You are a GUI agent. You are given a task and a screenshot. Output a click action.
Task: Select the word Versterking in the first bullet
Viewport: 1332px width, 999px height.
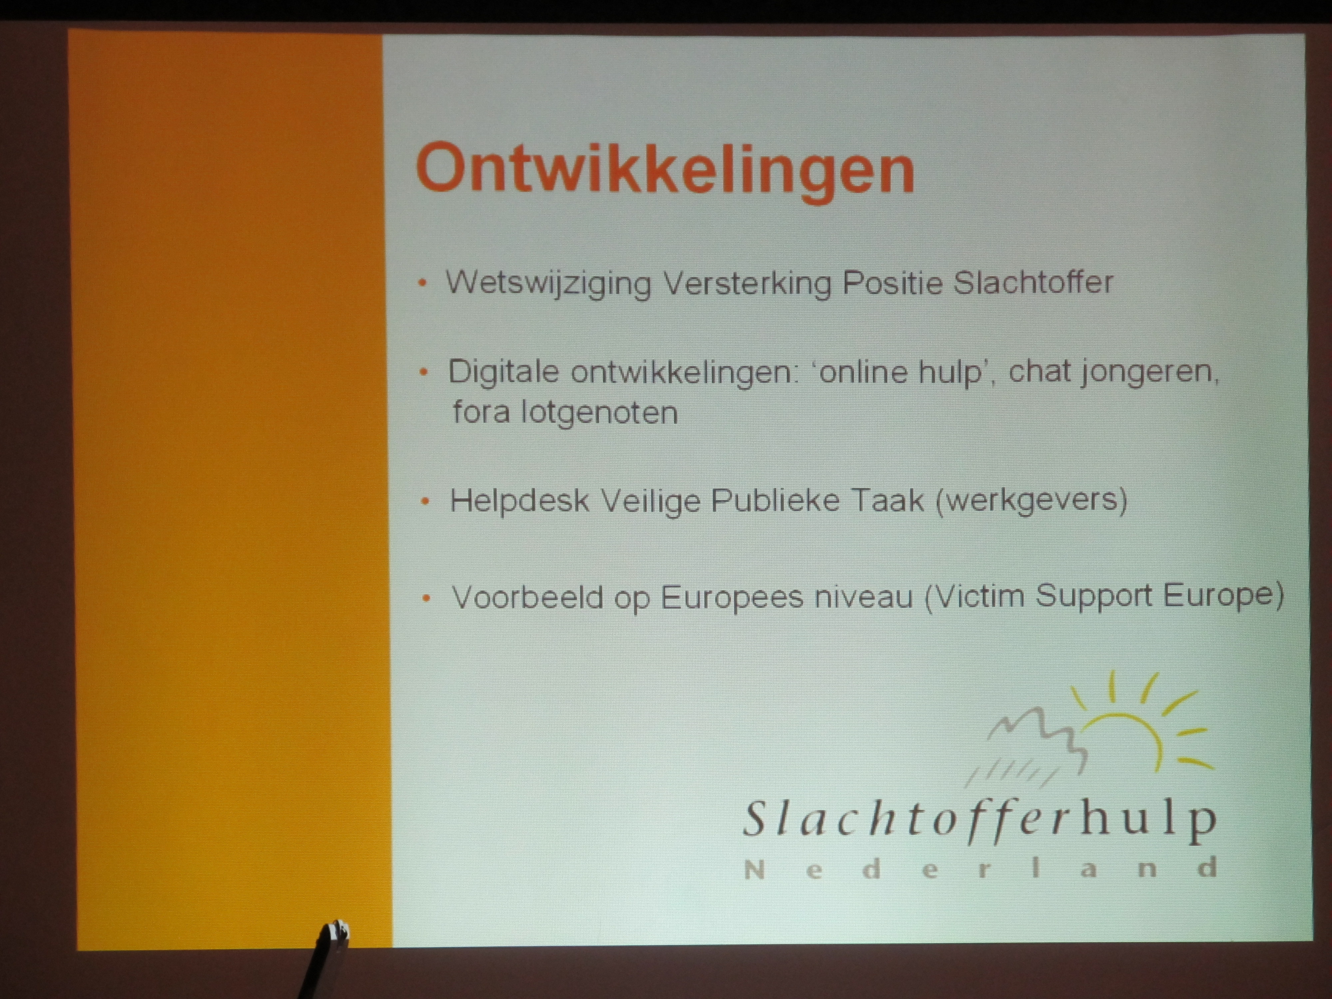click(747, 282)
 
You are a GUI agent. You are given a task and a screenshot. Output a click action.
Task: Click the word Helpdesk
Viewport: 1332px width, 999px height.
click(519, 500)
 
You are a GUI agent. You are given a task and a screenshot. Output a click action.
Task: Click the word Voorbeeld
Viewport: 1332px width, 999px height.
click(527, 597)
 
